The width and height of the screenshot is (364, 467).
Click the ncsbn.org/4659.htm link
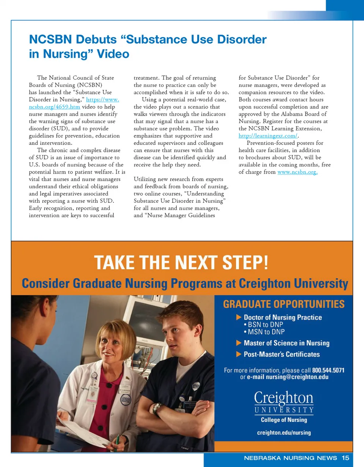coord(54,107)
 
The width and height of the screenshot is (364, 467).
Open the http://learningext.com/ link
coord(268,136)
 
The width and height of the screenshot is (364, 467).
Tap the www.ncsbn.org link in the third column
coord(297,172)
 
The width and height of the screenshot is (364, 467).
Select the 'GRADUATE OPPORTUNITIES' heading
coord(284,304)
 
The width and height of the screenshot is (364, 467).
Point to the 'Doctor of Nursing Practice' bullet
coord(282,317)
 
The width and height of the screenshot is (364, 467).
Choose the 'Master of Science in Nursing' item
coord(286,343)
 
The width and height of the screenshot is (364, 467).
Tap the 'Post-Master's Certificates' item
coord(281,354)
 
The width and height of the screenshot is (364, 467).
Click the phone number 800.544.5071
coord(328,370)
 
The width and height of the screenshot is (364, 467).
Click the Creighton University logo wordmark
coord(284,402)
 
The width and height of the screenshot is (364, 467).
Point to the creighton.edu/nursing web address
coord(284,433)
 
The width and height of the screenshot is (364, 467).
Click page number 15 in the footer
coord(345,458)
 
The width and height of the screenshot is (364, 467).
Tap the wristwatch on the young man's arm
coord(157,408)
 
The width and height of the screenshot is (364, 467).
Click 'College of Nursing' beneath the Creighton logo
coord(284,420)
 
